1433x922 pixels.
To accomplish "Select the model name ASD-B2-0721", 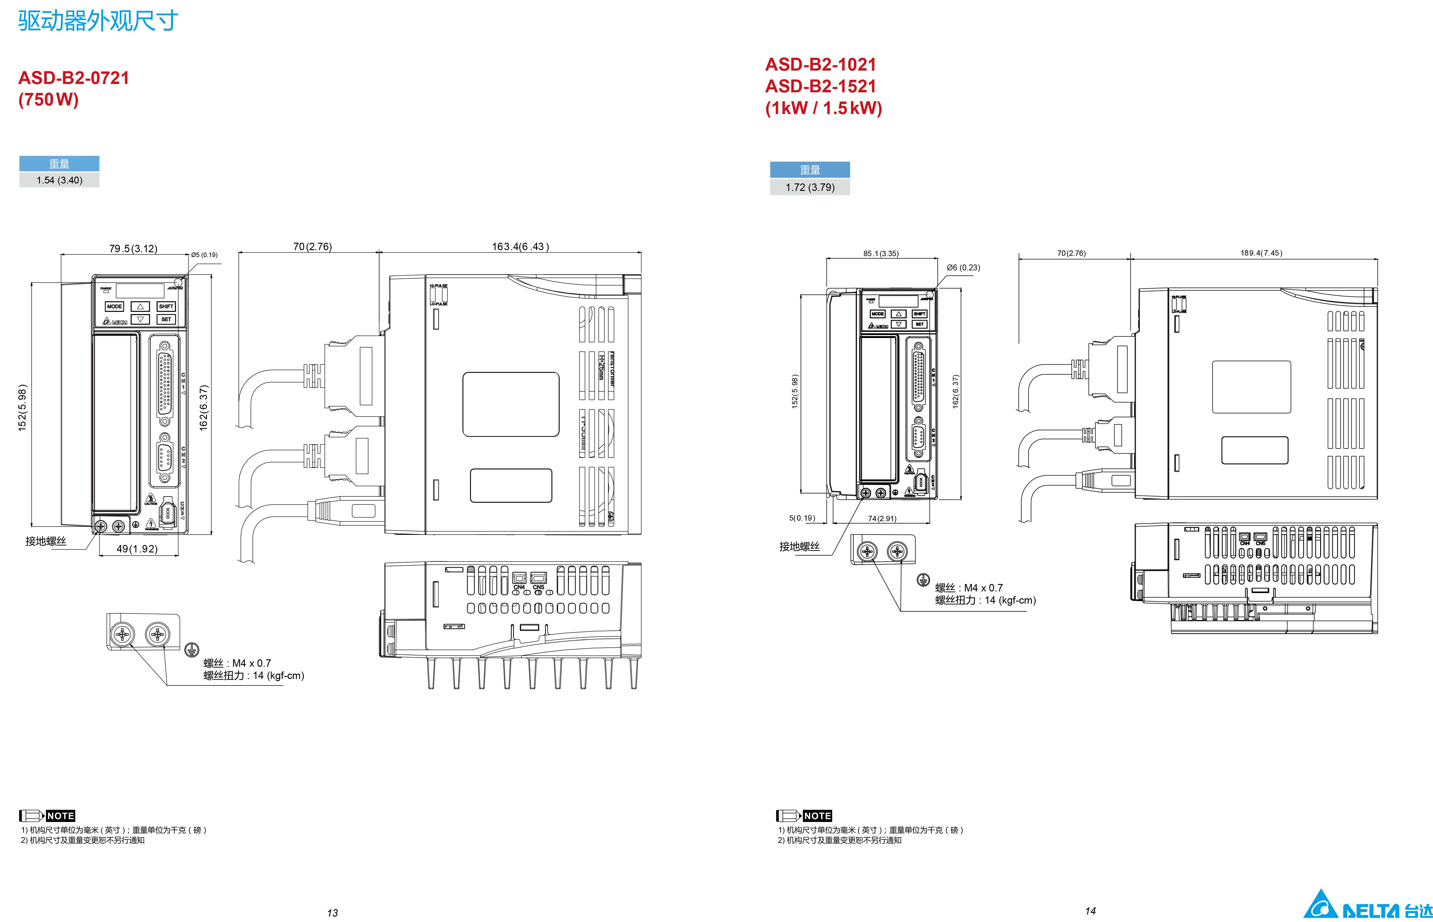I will [x=74, y=78].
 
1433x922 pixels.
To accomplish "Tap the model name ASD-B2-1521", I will [x=820, y=86].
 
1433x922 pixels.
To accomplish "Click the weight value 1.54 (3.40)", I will [x=59, y=180].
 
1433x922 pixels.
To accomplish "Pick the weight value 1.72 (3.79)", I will [x=810, y=187].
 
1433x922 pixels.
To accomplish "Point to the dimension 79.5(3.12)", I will [x=133, y=248].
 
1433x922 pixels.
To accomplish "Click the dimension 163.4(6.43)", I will [x=520, y=247].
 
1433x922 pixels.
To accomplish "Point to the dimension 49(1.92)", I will [x=137, y=549].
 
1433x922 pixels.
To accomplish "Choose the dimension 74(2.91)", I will [x=882, y=518].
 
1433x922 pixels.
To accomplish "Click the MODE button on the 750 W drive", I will [x=114, y=306].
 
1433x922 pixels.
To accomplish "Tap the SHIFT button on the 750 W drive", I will [x=166, y=306].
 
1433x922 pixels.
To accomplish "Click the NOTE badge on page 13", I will [x=60, y=816].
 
